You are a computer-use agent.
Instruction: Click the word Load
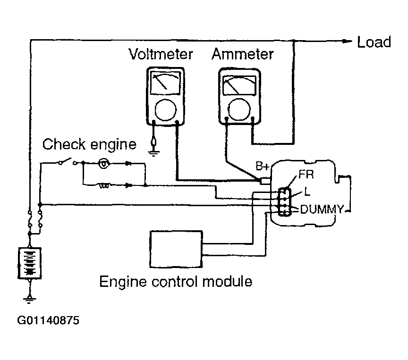(374, 42)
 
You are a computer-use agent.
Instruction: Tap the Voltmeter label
(161, 54)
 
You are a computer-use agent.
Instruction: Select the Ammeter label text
(243, 54)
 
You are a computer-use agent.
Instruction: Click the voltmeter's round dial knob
(166, 110)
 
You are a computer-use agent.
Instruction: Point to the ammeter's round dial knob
(239, 109)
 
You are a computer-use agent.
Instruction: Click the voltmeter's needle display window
(165, 83)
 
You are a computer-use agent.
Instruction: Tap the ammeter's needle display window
(239, 85)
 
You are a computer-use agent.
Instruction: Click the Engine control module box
(176, 249)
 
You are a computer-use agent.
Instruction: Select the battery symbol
(30, 263)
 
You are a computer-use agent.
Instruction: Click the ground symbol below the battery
(29, 300)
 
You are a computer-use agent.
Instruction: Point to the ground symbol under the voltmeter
(153, 152)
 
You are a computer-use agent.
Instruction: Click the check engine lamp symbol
(104, 164)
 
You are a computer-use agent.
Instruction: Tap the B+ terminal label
(262, 166)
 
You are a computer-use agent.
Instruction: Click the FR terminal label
(306, 174)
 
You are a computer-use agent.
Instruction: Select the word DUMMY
(322, 209)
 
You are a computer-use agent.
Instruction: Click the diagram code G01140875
(48, 320)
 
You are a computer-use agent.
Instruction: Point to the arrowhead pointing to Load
(347, 41)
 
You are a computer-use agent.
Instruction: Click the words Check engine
(89, 144)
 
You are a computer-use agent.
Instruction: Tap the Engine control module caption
(176, 281)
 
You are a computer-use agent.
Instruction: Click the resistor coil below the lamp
(104, 185)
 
